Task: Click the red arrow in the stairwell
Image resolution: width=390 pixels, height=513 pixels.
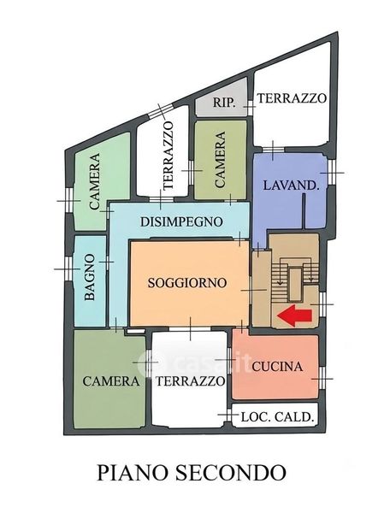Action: click(x=294, y=315)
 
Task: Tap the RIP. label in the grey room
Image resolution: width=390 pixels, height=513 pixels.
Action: click(x=224, y=103)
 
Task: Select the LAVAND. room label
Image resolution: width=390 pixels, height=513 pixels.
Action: click(x=291, y=186)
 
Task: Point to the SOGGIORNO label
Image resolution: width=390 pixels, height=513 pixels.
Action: click(x=187, y=282)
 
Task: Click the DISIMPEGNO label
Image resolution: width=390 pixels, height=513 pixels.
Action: click(x=181, y=221)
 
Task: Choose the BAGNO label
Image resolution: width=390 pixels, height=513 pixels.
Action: click(x=89, y=277)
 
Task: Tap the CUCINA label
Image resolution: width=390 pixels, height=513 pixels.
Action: click(x=277, y=366)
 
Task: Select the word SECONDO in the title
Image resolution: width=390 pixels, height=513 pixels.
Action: click(x=231, y=473)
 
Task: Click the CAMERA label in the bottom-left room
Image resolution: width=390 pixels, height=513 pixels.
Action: click(x=111, y=381)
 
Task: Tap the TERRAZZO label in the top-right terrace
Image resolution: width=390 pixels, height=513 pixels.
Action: click(x=292, y=97)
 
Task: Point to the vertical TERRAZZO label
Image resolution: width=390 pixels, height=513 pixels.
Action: click(x=168, y=156)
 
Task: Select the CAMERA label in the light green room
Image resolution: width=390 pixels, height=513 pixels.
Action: click(x=95, y=181)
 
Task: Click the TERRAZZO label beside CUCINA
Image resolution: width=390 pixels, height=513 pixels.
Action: click(x=191, y=381)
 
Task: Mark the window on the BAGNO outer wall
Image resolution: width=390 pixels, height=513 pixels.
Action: click(x=68, y=268)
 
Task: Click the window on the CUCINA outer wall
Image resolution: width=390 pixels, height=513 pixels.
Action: click(x=322, y=379)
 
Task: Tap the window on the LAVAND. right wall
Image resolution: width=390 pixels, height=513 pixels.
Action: click(x=332, y=172)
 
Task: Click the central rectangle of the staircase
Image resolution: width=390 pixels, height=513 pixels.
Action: click(x=295, y=284)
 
